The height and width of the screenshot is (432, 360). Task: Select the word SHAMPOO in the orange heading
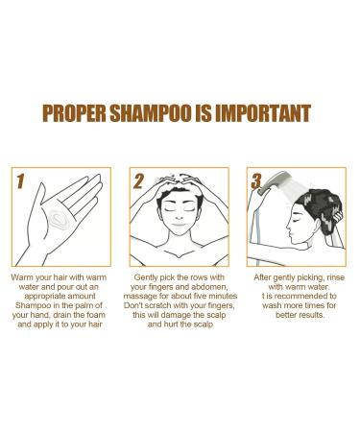pos(162,113)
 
